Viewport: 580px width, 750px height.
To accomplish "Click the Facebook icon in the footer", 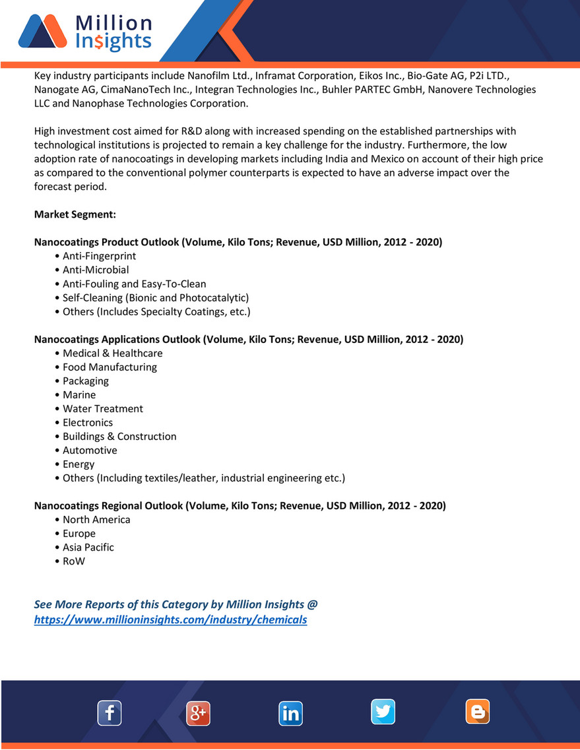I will pos(110,713).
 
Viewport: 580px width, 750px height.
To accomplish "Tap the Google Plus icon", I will pos(198,713).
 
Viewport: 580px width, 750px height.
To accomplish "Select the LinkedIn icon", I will pos(290,713).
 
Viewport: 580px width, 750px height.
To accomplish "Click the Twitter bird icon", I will pos(383,712).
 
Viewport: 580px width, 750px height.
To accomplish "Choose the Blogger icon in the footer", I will pos(478,712).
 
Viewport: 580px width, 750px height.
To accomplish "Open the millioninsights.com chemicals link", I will pos(170,620).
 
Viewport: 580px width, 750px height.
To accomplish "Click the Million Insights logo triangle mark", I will pos(42,34).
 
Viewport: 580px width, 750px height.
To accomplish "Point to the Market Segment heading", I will pos(75,215).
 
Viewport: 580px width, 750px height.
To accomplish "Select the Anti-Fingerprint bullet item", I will pos(99,256).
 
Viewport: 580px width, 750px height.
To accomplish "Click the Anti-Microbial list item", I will pos(96,270).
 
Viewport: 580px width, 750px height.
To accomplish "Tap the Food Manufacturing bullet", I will pos(110,367).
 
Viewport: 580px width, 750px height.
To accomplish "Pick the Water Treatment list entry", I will pos(102,409).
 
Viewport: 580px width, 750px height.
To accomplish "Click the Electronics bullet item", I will pos(88,423).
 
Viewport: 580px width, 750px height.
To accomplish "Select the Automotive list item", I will pos(90,451).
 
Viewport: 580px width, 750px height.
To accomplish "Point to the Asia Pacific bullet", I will pos(88,547).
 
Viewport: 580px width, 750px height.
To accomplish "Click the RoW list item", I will pos(74,561).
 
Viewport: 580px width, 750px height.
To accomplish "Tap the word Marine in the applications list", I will pos(79,395).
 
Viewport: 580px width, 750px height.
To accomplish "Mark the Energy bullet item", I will pos(79,464).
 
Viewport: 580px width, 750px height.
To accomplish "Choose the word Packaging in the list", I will pos(86,381).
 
